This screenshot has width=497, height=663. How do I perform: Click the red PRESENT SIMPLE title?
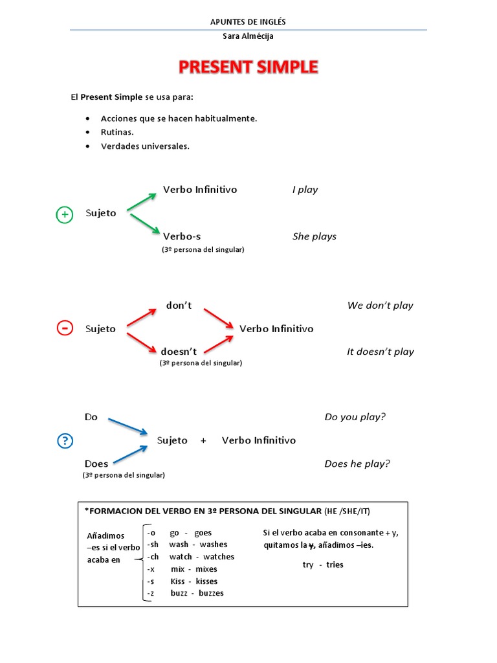tap(248, 67)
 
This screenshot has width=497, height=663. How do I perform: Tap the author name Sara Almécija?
tap(248, 36)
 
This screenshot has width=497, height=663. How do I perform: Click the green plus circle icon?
tap(65, 215)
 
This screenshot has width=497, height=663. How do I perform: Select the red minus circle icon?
tap(65, 328)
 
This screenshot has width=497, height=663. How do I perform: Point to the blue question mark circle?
tap(65, 441)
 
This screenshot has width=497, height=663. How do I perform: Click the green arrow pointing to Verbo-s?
tap(145, 223)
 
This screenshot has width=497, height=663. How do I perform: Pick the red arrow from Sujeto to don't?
tap(142, 318)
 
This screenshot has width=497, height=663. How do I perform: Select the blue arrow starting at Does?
tap(131, 455)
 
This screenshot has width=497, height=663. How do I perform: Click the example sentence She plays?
tap(315, 236)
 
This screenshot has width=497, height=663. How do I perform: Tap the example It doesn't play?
tap(381, 352)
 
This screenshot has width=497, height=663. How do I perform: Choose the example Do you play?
tap(355, 417)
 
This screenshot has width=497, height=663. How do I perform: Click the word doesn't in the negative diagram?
tap(179, 352)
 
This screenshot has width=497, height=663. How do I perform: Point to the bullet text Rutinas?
tap(117, 132)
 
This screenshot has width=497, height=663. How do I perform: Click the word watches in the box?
tap(219, 557)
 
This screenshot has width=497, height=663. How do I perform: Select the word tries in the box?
tap(335, 565)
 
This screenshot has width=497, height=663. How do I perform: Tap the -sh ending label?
tap(153, 545)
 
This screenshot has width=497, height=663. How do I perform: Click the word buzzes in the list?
tap(211, 593)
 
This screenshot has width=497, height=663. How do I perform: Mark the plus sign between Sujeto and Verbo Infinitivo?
tap(203, 440)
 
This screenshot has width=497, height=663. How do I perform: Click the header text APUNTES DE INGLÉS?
tap(248, 22)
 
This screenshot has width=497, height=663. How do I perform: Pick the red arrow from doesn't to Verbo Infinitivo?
tap(219, 344)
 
